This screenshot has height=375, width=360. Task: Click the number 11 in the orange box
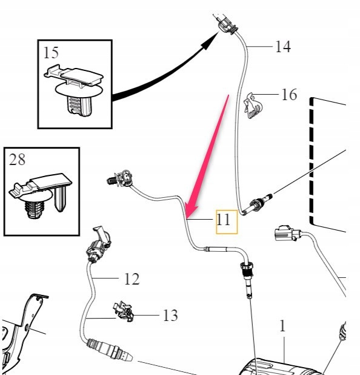click(224, 220)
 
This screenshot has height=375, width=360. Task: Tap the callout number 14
click(283, 46)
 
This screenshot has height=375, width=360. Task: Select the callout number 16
click(289, 95)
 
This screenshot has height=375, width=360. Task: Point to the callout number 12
click(132, 279)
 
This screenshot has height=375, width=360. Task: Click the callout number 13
click(170, 315)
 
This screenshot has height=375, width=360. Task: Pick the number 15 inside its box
click(51, 53)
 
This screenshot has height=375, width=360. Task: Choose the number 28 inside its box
click(17, 160)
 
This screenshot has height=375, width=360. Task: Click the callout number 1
click(282, 326)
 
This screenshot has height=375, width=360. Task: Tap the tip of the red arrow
click(187, 218)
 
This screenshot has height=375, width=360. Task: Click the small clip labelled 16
click(252, 106)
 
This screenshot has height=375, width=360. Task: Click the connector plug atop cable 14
click(225, 24)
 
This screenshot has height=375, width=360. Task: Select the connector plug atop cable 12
click(98, 245)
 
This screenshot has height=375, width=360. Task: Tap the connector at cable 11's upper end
click(120, 179)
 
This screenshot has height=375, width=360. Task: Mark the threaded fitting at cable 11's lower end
click(247, 277)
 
